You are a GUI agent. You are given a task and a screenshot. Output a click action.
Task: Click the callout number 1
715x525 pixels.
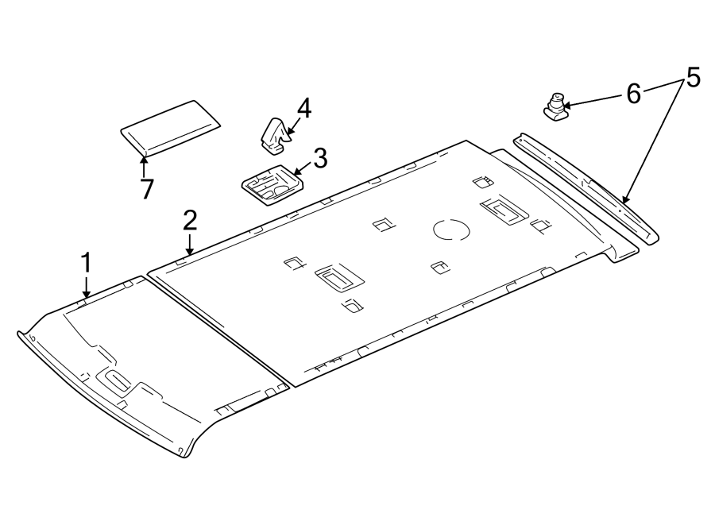86,264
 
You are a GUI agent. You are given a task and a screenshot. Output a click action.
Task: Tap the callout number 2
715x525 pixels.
189,220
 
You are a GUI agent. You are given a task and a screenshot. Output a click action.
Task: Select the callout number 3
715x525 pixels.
319,159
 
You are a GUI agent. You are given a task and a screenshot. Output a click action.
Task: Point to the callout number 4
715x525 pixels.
304,109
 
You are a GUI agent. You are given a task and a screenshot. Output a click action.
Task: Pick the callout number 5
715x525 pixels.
692,78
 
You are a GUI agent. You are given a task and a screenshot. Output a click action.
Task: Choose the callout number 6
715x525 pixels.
633,94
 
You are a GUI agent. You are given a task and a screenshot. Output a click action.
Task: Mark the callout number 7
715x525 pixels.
145,190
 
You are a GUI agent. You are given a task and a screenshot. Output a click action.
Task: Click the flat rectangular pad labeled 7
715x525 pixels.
170,125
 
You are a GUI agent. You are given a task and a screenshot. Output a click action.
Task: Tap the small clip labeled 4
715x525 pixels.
274,133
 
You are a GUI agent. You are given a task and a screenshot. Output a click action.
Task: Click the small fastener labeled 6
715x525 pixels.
556,106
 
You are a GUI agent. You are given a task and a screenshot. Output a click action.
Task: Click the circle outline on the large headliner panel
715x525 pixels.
451,230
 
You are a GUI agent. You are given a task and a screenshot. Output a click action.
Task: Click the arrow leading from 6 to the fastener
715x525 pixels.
592,101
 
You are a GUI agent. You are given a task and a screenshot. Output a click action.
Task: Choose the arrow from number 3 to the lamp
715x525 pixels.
301,169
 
